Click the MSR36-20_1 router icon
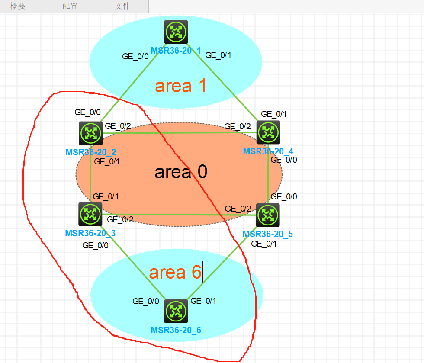[176, 32]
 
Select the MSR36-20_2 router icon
[90, 133]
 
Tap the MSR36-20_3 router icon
[90, 214]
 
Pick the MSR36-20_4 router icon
[268, 132]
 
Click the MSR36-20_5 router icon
[268, 215]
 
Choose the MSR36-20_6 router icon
[176, 311]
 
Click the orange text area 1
[180, 86]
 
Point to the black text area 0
[181, 172]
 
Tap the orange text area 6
[175, 272]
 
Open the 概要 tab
[18, 6]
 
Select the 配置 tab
[70, 6]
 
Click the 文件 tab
[122, 6]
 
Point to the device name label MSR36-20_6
[176, 330]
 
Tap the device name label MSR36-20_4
[268, 151]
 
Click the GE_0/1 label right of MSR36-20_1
[218, 55]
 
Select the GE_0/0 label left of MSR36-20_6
[146, 302]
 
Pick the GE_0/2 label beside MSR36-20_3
[120, 219]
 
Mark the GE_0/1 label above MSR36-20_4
[274, 114]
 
